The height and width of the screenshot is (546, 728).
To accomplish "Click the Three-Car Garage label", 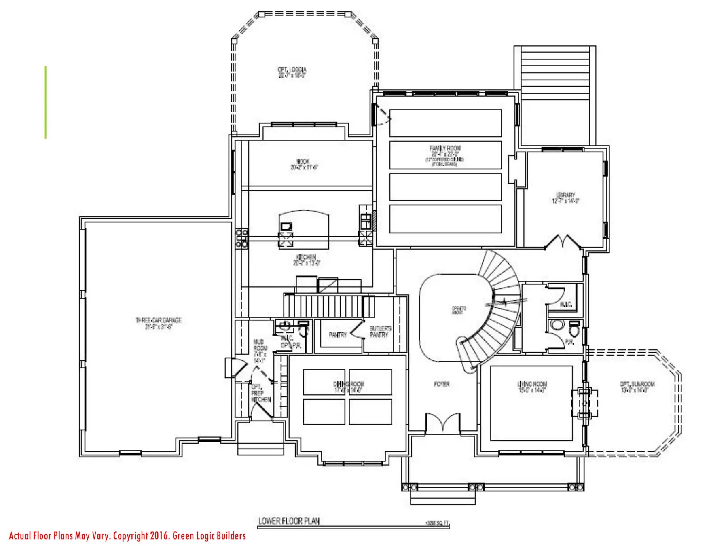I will point(158,323).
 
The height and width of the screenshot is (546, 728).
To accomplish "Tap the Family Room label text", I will point(445,151).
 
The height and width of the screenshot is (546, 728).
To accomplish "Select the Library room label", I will point(565,198).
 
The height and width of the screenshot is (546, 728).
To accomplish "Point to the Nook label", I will point(304,164).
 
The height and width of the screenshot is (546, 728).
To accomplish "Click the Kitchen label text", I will point(306,260).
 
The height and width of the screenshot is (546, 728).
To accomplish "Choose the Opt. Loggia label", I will point(292,72).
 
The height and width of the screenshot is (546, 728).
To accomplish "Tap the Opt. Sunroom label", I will point(637,387).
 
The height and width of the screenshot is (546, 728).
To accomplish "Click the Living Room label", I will point(532,387).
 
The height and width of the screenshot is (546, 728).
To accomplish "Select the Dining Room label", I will point(348,387).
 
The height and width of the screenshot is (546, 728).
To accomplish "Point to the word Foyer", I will point(441,384).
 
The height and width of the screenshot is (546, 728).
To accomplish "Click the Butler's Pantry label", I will point(380,332).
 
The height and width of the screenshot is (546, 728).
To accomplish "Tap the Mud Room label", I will point(260,351).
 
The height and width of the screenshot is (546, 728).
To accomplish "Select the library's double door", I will point(563,242).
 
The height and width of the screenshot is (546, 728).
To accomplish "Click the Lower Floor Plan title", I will point(289,521).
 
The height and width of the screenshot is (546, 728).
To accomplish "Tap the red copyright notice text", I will point(127,536).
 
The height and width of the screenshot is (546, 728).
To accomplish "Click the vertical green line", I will point(46,102).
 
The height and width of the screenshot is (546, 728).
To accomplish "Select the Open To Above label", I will point(459,310).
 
